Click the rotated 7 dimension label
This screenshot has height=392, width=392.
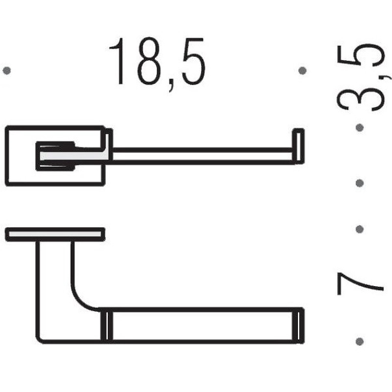pos(360,284)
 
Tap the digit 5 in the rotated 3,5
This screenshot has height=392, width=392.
pos(360,55)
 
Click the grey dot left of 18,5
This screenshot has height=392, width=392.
pos(7,71)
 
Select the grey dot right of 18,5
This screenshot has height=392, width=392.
pos(302,71)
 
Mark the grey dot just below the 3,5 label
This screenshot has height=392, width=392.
pos(360,128)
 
